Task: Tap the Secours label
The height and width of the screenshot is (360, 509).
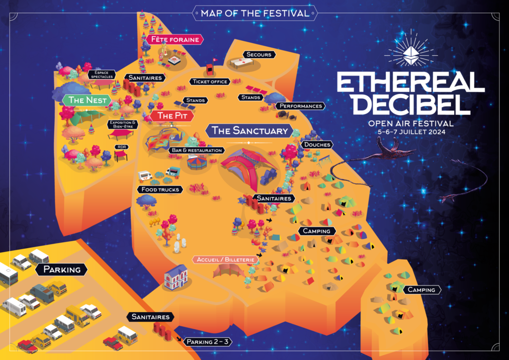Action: tap(258, 54)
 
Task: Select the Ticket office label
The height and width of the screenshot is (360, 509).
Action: tap(209, 82)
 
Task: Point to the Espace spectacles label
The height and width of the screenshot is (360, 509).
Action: tap(101, 74)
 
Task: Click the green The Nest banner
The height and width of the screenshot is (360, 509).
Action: tap(88, 100)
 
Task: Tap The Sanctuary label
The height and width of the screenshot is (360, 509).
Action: tap(250, 131)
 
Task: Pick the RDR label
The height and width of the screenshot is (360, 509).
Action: tap(121, 147)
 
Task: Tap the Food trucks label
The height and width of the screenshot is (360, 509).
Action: tap(160, 189)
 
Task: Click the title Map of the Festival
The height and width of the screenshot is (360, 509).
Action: tap(254, 13)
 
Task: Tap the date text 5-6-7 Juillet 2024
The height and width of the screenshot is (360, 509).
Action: tap(410, 132)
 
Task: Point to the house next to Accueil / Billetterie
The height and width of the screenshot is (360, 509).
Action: tap(175, 276)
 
